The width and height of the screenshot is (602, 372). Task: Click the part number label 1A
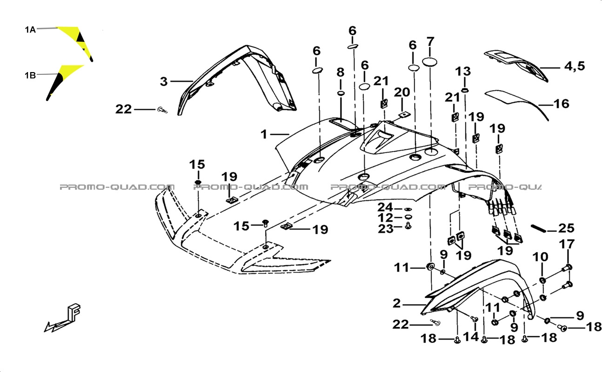[x=30, y=30]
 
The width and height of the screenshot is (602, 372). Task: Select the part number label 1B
[x=30, y=75]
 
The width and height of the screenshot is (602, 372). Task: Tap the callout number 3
[x=164, y=81]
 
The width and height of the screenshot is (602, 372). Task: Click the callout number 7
[x=430, y=42]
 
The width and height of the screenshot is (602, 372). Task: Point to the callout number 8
[x=341, y=72]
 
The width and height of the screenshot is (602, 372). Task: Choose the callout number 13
[x=463, y=72]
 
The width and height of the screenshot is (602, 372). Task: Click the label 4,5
[x=574, y=66]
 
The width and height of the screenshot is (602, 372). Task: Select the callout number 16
[x=562, y=104]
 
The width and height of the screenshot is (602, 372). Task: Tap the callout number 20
[x=402, y=92]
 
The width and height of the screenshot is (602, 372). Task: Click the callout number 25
[x=567, y=228]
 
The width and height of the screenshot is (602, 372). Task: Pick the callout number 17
[x=567, y=244]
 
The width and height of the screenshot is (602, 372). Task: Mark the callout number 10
[x=540, y=257]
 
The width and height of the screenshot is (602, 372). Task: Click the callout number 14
[x=471, y=337]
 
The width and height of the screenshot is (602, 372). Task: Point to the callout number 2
[x=397, y=304]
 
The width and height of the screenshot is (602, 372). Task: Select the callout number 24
[x=385, y=207]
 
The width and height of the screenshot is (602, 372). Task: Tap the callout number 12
[x=385, y=218]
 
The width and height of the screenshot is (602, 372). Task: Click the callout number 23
[x=386, y=229]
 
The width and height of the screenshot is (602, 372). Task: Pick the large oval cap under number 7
[x=429, y=62]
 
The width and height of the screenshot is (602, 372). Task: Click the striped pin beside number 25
[x=538, y=229]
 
